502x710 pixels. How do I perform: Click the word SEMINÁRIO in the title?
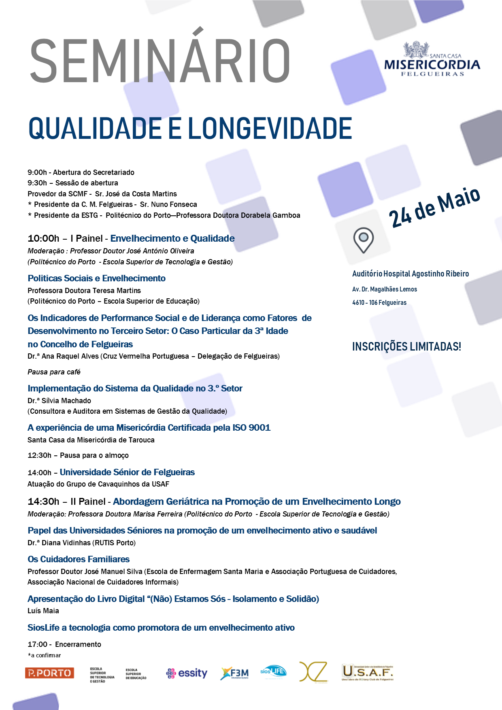coord(160,61)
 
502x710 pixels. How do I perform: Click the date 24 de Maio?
coord(434,207)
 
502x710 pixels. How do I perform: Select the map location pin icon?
coord(363,240)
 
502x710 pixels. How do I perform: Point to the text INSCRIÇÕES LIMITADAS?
coord(406,346)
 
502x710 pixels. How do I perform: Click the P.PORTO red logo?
coord(49,673)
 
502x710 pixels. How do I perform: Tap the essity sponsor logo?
coord(187,673)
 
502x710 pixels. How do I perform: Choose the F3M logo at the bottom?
coord(235,673)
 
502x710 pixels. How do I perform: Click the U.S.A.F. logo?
coord(368,672)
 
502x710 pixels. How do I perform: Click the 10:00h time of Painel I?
coord(43,238)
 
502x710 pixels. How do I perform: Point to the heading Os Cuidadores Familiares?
coord(79,559)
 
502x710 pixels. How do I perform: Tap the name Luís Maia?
coord(43,610)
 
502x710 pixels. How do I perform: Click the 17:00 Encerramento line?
coord(64,644)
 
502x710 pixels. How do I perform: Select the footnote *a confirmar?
coord(44,655)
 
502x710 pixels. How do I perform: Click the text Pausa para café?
coord(54,372)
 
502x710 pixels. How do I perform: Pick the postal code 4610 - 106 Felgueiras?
coord(379,302)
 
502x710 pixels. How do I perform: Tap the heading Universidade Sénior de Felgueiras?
coord(127,472)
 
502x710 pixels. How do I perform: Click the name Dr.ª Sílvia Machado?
coord(60,400)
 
